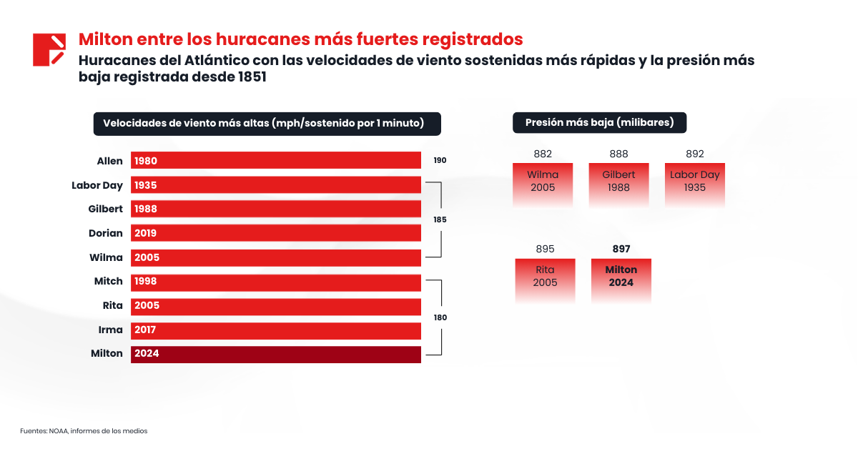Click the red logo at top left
[49, 49]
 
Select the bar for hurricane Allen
[275, 161]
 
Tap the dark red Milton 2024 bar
[275, 354]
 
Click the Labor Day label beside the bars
[97, 185]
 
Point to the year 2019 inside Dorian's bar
[145, 233]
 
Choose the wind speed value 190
[440, 161]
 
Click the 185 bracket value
[440, 220]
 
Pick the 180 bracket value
[440, 317]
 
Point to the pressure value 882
[543, 154]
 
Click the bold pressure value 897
[621, 249]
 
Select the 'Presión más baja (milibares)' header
[599, 123]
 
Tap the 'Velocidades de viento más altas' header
[267, 124]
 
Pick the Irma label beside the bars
[111, 330]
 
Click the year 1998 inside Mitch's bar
[145, 282]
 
